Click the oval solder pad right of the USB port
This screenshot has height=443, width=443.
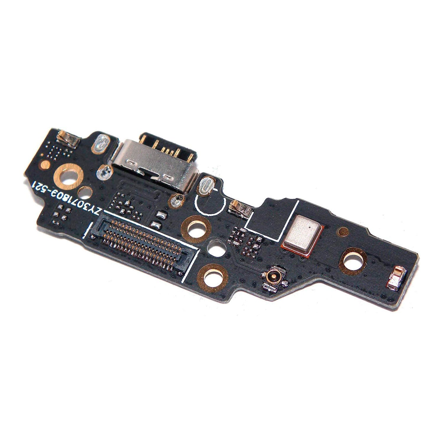[x=206, y=186]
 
